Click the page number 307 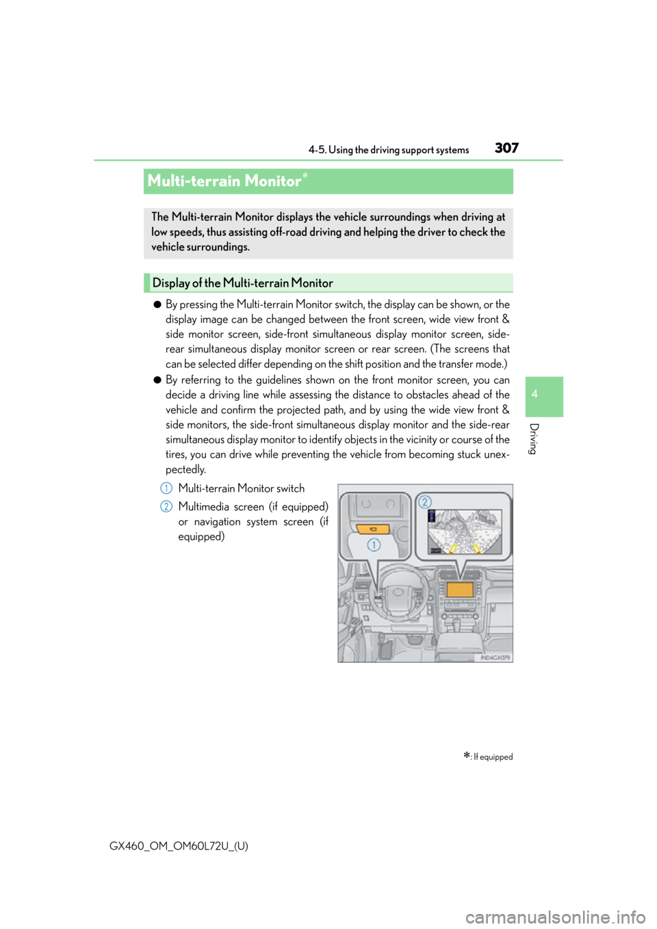(506, 148)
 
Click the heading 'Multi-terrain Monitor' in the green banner (224, 181)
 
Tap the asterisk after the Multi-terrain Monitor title (305, 176)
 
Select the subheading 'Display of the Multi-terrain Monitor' (243, 283)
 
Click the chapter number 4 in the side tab (534, 394)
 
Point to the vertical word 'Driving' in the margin (534, 439)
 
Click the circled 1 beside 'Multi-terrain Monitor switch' (166, 488)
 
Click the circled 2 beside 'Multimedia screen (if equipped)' (166, 506)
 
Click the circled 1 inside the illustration (374, 545)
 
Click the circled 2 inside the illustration (424, 502)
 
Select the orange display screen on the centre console (460, 589)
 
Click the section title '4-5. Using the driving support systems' (389, 150)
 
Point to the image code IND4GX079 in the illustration (495, 657)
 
